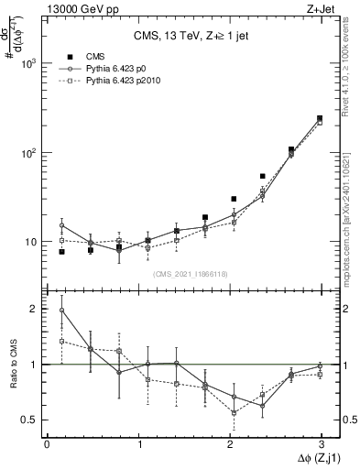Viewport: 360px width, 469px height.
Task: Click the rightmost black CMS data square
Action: [320, 118]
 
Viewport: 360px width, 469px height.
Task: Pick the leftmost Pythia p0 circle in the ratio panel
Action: [61, 311]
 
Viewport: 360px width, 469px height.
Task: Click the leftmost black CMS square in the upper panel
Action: [61, 251]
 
